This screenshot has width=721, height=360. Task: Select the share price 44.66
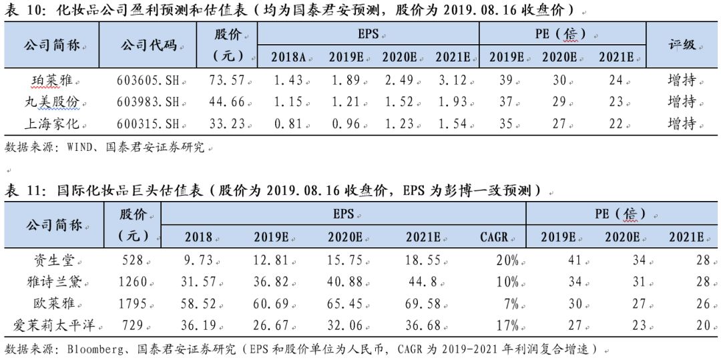point(226,102)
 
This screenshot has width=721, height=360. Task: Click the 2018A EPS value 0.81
point(287,124)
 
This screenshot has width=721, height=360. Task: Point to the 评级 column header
point(682,45)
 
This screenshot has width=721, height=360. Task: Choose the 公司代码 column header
point(149,45)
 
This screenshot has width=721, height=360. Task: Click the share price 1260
point(132,282)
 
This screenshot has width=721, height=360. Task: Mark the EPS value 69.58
point(422,304)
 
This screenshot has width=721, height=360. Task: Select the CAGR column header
point(494,236)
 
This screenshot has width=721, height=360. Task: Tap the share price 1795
point(132,304)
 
